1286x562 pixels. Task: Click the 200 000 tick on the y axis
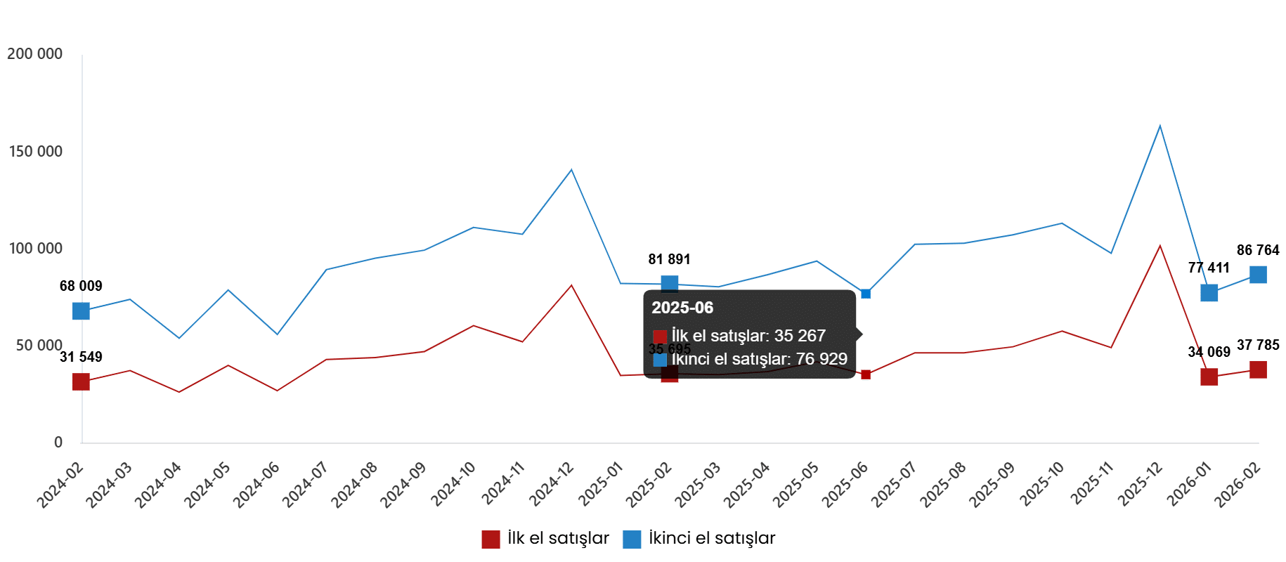coord(34,54)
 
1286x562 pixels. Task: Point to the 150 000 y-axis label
coord(35,151)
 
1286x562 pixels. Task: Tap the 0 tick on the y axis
coord(58,442)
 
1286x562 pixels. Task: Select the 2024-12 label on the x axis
coord(552,484)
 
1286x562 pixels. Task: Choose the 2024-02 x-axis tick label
coord(62,484)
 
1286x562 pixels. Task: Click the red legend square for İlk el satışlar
coord(491,539)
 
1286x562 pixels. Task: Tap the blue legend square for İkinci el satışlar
coord(632,539)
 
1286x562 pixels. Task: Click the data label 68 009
coord(81,286)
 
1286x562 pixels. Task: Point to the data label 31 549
coord(81,357)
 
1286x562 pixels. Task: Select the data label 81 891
coord(669,259)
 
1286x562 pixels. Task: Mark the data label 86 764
coord(1258,250)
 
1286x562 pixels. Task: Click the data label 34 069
coord(1209,352)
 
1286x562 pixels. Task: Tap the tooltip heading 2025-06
coord(682,308)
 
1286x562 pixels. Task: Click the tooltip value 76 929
coord(821,359)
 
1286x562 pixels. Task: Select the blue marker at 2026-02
coord(1258,274)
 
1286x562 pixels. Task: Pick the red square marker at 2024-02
coord(82,382)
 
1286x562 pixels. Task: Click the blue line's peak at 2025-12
coord(1160,126)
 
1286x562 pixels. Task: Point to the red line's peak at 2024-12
coord(571,285)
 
